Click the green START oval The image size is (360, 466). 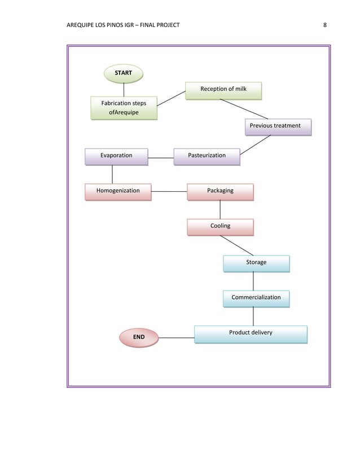pyautogui.click(x=124, y=73)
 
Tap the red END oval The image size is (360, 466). pyautogui.click(x=138, y=337)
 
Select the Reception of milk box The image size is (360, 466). pyautogui.click(x=223, y=90)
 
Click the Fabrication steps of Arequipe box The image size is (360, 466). pyautogui.click(x=124, y=108)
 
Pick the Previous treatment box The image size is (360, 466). pyautogui.click(x=278, y=127)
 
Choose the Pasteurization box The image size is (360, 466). pyautogui.click(x=207, y=156)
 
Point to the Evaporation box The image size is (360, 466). pyautogui.click(x=116, y=156)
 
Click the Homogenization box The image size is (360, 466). pyautogui.click(x=118, y=192)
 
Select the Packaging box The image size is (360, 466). pyautogui.click(x=220, y=192)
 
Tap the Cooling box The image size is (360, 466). pyautogui.click(x=220, y=227)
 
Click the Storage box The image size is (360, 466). pyautogui.click(x=256, y=263)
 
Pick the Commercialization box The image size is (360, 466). pyautogui.click(x=256, y=298)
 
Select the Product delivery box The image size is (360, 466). pyautogui.click(x=251, y=334)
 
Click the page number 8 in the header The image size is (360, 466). pyautogui.click(x=325, y=25)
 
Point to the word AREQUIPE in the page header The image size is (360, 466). pyautogui.click(x=82, y=25)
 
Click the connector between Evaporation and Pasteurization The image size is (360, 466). pyautogui.click(x=161, y=157)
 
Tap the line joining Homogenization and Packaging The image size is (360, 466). pyautogui.click(x=169, y=192)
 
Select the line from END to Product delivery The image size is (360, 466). pyautogui.click(x=176, y=338)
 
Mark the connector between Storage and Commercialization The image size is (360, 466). pyautogui.click(x=253, y=280)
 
